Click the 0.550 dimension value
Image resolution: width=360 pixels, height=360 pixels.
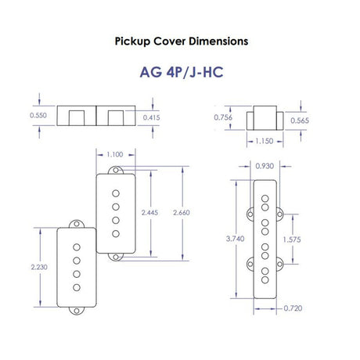click(38, 115)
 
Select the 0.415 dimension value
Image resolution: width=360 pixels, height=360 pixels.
click(151, 117)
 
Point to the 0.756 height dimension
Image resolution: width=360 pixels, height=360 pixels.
click(223, 117)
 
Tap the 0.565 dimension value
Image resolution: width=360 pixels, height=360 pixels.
click(300, 121)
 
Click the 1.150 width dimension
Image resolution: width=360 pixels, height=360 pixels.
click(264, 141)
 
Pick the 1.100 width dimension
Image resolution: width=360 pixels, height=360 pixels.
click(115, 154)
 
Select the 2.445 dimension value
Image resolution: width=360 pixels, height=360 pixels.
click(149, 213)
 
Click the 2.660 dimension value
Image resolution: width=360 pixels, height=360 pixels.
click(182, 213)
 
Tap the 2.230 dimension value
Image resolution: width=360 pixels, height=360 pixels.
click(39, 267)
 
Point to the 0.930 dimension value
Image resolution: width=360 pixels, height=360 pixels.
click(265, 166)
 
